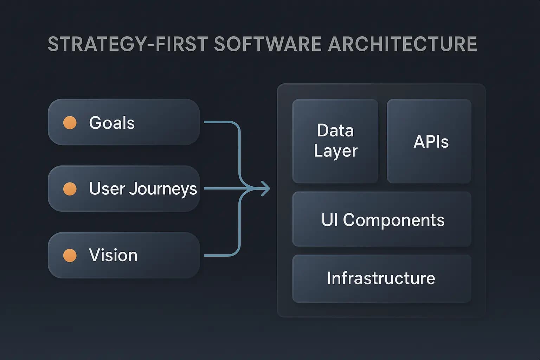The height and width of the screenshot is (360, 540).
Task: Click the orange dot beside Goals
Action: pos(70,123)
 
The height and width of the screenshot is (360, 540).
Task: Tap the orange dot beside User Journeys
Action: pos(70,189)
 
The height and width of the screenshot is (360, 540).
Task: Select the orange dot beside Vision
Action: pos(70,255)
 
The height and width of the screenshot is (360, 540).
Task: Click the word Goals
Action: pos(112,123)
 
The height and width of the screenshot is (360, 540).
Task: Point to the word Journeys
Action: pos(163,189)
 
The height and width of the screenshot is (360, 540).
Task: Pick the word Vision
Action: pos(113,255)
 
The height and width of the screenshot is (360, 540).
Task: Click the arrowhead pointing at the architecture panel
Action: pos(266,189)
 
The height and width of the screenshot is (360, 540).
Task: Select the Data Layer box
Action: pos(335,141)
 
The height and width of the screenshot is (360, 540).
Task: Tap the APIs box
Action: pos(429,141)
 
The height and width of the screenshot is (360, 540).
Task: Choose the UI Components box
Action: pos(382,219)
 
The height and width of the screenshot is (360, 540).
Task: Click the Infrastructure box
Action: pos(382,278)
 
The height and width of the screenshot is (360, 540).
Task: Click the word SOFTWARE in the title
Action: pos(267,44)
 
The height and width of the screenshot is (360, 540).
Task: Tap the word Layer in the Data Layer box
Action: pos(335,151)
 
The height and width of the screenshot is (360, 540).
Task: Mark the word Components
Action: pos(393,220)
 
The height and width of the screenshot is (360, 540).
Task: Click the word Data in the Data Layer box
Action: pos(335,130)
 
